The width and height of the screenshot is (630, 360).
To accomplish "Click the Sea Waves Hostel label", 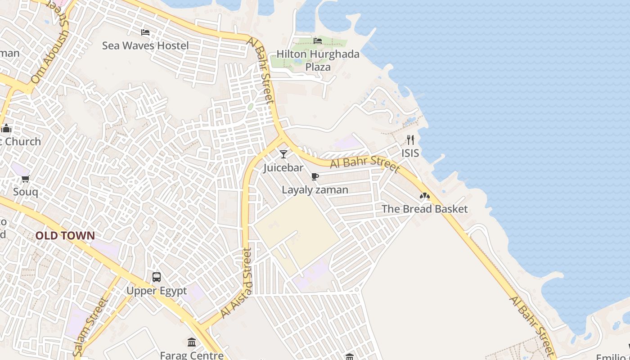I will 145,45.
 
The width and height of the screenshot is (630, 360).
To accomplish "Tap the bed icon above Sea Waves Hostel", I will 145,32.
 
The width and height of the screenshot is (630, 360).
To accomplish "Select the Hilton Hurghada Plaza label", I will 318,60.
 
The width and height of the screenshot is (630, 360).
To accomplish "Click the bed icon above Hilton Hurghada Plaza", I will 318,41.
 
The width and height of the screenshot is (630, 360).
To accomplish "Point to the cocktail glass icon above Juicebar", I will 283,154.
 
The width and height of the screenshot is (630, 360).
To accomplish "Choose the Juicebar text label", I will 283,168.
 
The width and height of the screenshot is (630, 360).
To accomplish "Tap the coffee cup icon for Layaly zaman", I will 315,176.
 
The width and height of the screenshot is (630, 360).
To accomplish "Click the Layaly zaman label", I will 315,190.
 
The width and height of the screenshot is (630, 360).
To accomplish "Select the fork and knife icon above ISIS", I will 410,139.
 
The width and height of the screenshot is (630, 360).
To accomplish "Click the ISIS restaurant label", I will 410,153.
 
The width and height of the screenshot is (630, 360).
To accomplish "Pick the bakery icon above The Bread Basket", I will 424,196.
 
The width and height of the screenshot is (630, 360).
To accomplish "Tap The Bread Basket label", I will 424,209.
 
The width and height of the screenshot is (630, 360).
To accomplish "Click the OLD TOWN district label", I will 65,235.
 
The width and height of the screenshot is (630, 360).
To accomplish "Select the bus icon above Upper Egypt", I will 157,277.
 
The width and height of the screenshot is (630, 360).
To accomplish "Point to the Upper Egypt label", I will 157,291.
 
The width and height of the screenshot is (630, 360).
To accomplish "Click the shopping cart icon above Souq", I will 26,179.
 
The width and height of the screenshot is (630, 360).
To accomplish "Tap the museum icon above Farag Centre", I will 192,342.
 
